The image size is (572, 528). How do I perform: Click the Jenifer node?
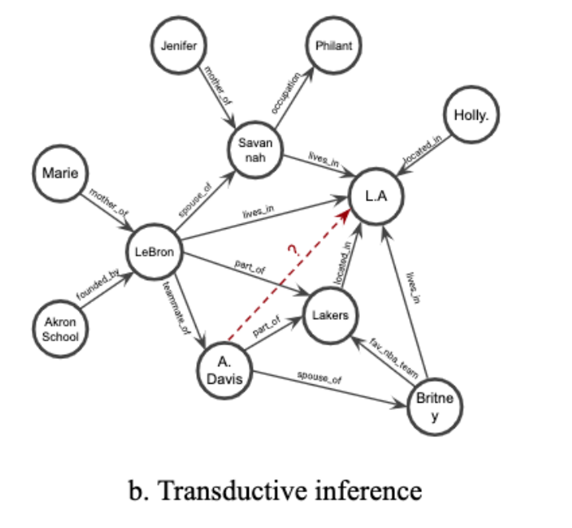pyautogui.click(x=179, y=46)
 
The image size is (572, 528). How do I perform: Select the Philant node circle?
pyautogui.click(x=334, y=46)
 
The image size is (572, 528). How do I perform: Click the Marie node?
pyautogui.click(x=61, y=174)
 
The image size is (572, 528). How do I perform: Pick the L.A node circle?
pyautogui.click(x=374, y=196)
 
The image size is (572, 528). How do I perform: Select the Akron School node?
pyautogui.click(x=61, y=328)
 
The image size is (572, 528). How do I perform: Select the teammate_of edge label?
pyautogui.click(x=177, y=308)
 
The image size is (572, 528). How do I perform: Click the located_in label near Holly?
pyautogui.click(x=423, y=150)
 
